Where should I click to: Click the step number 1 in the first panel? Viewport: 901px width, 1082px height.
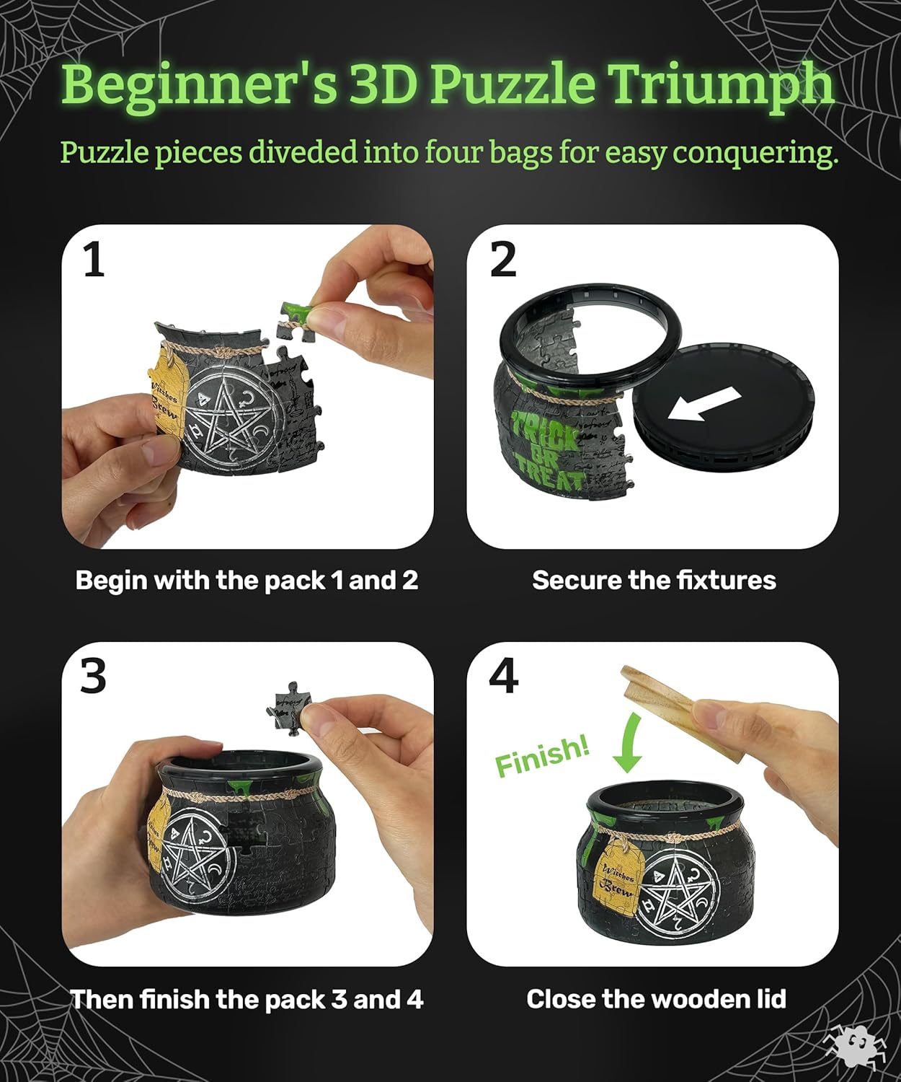[94, 260]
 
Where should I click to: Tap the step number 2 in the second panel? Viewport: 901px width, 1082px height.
[503, 260]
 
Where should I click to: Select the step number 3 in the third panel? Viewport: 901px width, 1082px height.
[94, 677]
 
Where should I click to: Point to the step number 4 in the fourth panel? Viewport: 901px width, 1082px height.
[503, 677]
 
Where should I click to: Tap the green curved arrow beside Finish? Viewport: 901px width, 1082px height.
[628, 743]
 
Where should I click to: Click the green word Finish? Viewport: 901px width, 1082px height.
[542, 757]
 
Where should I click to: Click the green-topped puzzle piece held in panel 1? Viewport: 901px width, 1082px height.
[297, 318]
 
